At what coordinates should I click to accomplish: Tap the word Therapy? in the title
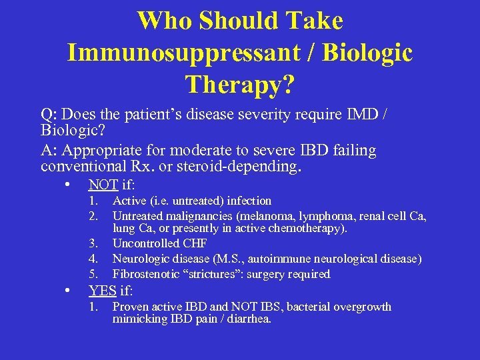(240, 84)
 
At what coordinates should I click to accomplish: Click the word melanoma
(266, 216)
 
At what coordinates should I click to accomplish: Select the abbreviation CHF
(194, 244)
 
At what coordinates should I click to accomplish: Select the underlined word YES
(103, 291)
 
